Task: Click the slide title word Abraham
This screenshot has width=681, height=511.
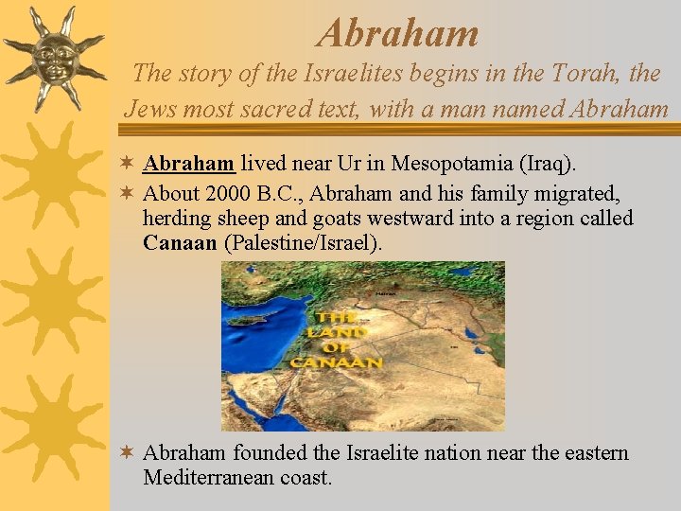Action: coord(398,33)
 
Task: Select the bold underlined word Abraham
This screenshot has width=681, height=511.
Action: coord(189,164)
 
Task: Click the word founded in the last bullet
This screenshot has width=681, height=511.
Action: coord(269,453)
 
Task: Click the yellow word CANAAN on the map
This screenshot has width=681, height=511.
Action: coord(337,362)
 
